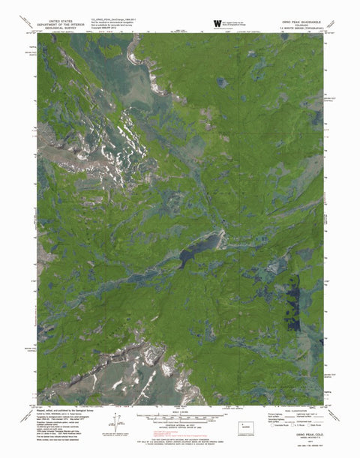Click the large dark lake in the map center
tap(199, 247)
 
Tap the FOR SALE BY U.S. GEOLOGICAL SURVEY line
tap(180, 447)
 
